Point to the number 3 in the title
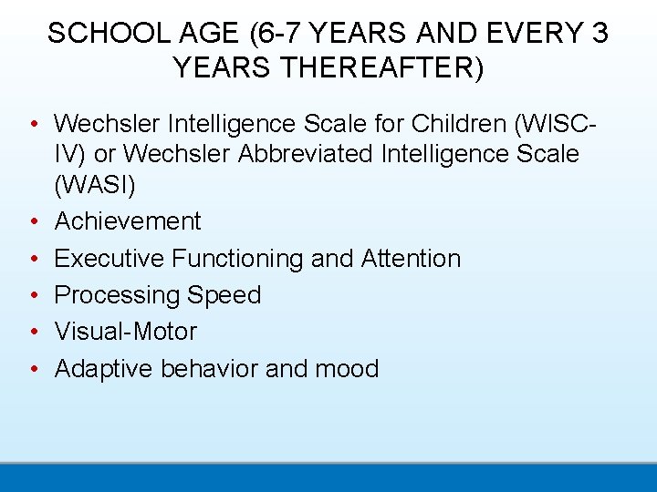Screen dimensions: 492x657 600,34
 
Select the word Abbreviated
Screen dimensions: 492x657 306,154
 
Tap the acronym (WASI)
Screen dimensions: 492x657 95,186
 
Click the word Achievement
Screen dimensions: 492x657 128,221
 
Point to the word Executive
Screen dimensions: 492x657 109,259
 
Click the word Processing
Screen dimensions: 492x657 117,295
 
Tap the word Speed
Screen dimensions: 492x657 224,295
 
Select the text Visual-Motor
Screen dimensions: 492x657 125,332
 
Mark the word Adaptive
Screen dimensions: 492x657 104,368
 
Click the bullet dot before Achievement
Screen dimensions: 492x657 33,221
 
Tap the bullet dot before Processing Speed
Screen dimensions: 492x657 33,295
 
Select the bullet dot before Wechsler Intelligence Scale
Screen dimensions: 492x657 33,122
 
